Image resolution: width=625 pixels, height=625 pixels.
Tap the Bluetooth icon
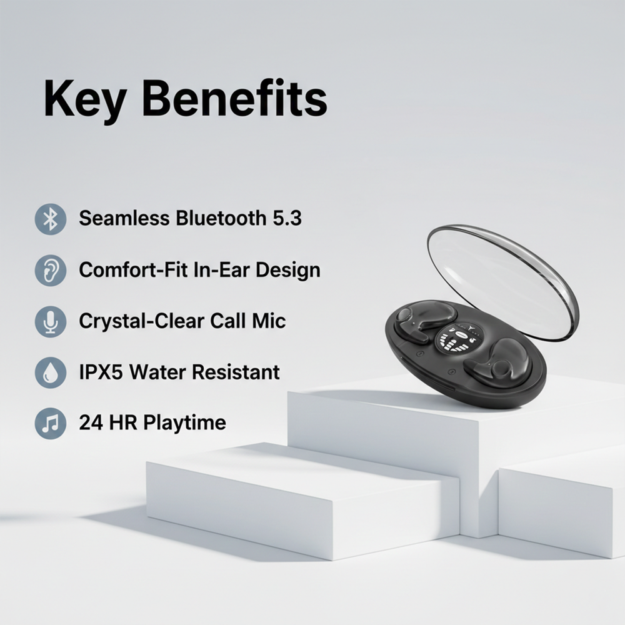point(50,219)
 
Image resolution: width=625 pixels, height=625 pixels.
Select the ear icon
point(50,270)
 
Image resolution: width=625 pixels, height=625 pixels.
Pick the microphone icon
point(50,321)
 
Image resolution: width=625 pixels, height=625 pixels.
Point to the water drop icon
point(50,372)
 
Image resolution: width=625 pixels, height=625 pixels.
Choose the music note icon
point(50,423)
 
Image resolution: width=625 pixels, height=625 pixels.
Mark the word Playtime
point(184,423)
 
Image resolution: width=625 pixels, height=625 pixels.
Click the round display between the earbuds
point(459,341)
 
